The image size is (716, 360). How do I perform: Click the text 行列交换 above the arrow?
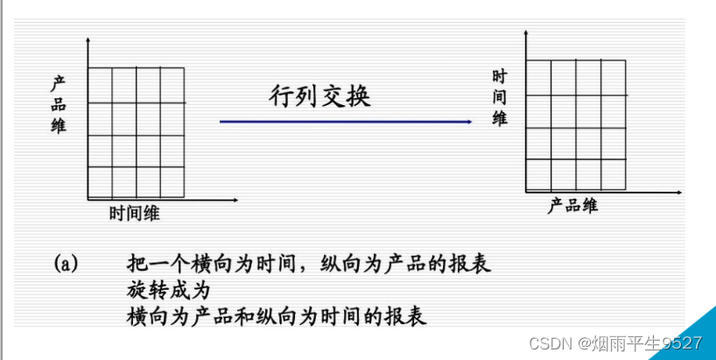(319, 96)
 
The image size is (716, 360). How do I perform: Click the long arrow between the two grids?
(350, 122)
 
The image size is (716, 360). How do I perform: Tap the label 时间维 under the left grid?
(135, 214)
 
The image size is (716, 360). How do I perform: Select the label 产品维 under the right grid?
(572, 206)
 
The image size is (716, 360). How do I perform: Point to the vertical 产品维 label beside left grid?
(59, 104)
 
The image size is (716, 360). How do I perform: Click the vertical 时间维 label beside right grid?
(500, 97)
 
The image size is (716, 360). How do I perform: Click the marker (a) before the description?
(67, 262)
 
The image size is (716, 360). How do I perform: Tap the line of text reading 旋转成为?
(169, 288)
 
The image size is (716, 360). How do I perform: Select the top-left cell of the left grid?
(100, 85)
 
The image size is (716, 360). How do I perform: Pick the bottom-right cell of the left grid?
(172, 182)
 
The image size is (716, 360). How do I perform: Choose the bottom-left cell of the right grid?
(538, 174)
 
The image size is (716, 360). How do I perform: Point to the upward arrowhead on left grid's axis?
(88, 41)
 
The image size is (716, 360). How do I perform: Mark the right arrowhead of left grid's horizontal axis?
(235, 201)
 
